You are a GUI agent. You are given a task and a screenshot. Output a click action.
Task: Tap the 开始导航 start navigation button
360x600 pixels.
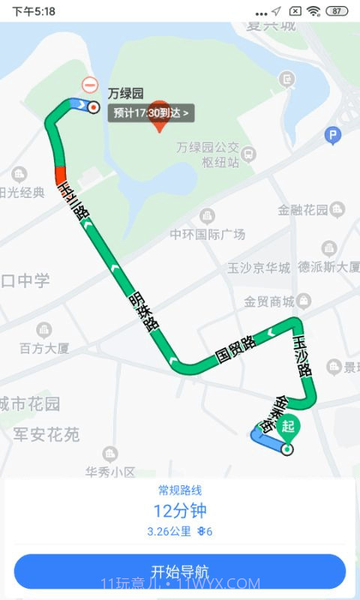tap(180, 571)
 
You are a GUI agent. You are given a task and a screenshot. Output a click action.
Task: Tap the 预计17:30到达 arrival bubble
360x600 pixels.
tap(152, 113)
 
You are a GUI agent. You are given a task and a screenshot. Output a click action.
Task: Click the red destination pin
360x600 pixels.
tap(159, 116)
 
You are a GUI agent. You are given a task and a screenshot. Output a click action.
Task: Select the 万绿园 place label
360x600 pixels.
tap(125, 94)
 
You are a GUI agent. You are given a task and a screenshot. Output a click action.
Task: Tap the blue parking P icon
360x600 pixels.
tap(332, 136)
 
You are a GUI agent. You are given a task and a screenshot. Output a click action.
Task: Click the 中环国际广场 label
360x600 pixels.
tap(207, 234)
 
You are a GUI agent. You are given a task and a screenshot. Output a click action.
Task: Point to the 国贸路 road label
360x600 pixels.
tap(235, 349)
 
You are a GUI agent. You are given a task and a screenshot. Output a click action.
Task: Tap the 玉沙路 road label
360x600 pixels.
tap(302, 355)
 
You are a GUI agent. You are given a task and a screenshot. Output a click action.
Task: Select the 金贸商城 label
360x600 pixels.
tap(269, 301)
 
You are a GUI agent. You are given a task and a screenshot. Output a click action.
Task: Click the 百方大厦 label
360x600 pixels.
tap(44, 347)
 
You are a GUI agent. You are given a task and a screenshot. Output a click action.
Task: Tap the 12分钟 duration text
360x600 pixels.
tap(180, 511)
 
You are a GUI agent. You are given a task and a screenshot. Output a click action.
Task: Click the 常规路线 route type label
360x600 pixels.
tap(180, 490)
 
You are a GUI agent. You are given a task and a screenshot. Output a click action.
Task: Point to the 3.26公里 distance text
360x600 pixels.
tap(169, 532)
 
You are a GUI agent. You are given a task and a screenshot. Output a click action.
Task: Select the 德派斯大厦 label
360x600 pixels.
tap(328, 266)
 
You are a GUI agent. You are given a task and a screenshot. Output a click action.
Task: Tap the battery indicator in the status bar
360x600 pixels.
tap(337, 11)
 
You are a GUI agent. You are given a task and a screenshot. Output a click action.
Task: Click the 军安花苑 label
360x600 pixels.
tap(46, 434)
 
